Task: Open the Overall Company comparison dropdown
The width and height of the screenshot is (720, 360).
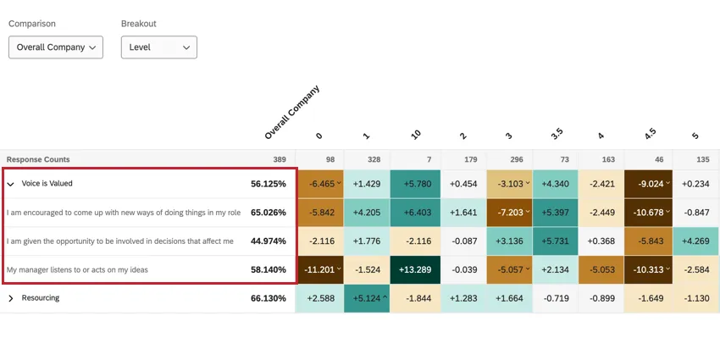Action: [x=55, y=47]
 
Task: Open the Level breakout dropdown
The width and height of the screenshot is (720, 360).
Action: [x=158, y=47]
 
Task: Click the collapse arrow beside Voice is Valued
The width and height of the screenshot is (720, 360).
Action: [x=11, y=184]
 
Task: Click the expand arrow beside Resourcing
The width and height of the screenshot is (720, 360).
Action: [x=11, y=298]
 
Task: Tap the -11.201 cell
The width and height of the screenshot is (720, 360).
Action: [x=318, y=269]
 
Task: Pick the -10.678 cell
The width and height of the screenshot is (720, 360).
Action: [x=648, y=213]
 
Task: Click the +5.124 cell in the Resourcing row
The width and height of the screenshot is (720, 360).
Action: [x=366, y=298]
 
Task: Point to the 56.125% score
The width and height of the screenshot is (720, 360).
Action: [x=268, y=184]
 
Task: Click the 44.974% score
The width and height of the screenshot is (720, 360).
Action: [x=268, y=241]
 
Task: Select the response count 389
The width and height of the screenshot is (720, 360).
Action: [x=279, y=159]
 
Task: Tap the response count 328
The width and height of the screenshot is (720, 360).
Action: [x=366, y=159]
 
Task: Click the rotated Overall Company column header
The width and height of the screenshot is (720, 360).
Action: [x=291, y=113]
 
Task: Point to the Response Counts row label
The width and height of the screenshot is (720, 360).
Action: [x=38, y=159]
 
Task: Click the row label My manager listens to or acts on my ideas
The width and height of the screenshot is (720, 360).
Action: [x=77, y=269]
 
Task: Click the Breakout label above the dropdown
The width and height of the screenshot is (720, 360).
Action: [x=139, y=24]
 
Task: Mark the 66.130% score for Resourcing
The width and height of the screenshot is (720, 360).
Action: [x=268, y=298]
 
